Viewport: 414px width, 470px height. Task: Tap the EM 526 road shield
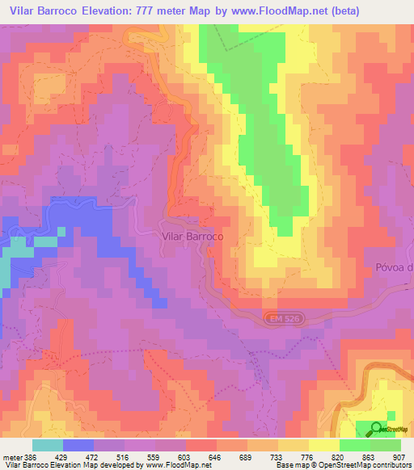(278, 321)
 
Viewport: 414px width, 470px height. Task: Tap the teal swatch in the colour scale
(48, 445)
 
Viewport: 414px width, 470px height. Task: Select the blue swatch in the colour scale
(78, 445)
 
